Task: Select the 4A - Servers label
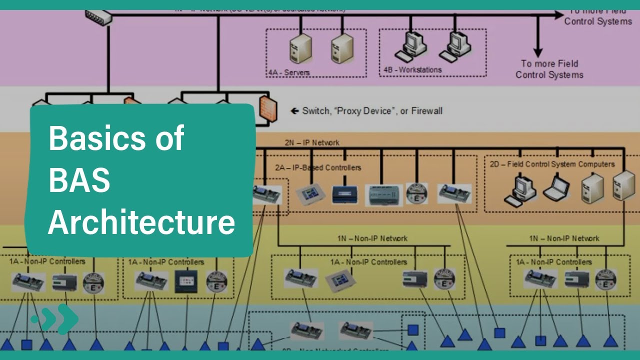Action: coord(288,72)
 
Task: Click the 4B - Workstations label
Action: coord(412,70)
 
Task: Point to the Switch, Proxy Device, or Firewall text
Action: coord(372,111)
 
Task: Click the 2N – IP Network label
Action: coord(312,142)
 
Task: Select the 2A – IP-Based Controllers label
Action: coord(317,167)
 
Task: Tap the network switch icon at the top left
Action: coord(99,17)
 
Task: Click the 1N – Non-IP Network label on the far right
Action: coord(564,238)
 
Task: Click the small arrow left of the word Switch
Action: coord(294,111)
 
